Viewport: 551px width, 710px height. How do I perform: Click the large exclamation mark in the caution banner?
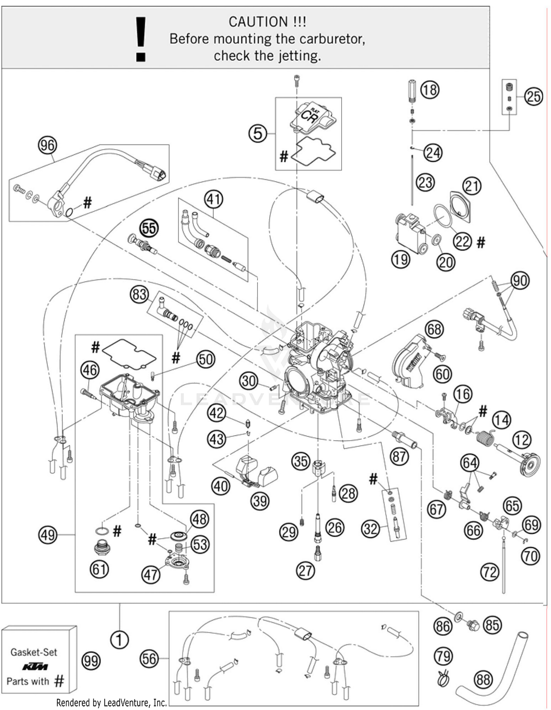141,39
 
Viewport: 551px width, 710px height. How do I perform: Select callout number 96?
48,146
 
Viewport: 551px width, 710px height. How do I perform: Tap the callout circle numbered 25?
533,97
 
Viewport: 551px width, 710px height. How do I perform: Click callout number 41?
214,199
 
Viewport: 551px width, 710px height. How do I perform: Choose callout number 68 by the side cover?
434,329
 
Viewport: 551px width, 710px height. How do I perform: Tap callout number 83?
139,295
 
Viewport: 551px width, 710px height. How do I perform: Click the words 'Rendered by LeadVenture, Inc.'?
111,703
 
